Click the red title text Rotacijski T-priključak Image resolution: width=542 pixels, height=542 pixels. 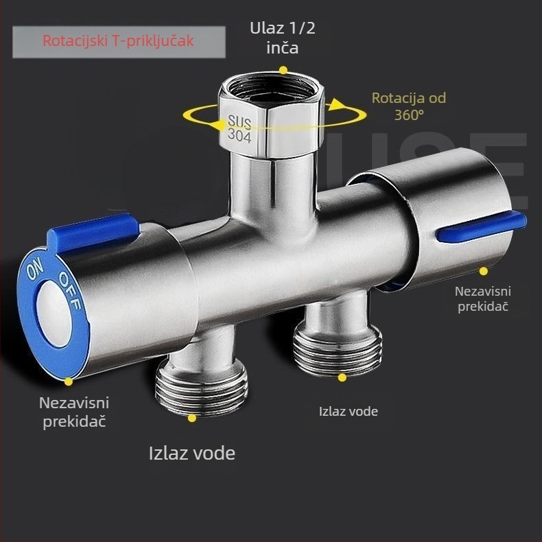pos(118,41)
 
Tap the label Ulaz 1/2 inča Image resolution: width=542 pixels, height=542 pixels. pos(283,38)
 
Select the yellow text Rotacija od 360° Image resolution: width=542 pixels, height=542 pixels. pos(409,106)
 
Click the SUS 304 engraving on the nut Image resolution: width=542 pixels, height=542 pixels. pos(239,128)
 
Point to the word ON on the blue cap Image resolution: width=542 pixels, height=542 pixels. pos(35,269)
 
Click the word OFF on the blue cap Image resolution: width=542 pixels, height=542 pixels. pos(70,290)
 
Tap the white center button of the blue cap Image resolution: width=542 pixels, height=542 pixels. pos(54,313)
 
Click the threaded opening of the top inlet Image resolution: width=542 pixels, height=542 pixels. pos(272,89)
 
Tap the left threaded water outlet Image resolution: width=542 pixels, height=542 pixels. pos(202,386)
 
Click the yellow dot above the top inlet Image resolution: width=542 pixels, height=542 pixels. pos(283,70)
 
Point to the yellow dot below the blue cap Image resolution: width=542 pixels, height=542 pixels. pos(69,381)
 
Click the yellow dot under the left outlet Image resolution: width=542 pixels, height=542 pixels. pos(192,419)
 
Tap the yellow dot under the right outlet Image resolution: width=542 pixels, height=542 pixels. pos(342,377)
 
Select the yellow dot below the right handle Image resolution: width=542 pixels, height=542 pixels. pos(484,272)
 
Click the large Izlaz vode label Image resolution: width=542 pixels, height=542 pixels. pos(192,453)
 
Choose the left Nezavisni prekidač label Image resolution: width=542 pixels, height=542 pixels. pos(74,412)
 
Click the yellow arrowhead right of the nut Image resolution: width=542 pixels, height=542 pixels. pos(337,104)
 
